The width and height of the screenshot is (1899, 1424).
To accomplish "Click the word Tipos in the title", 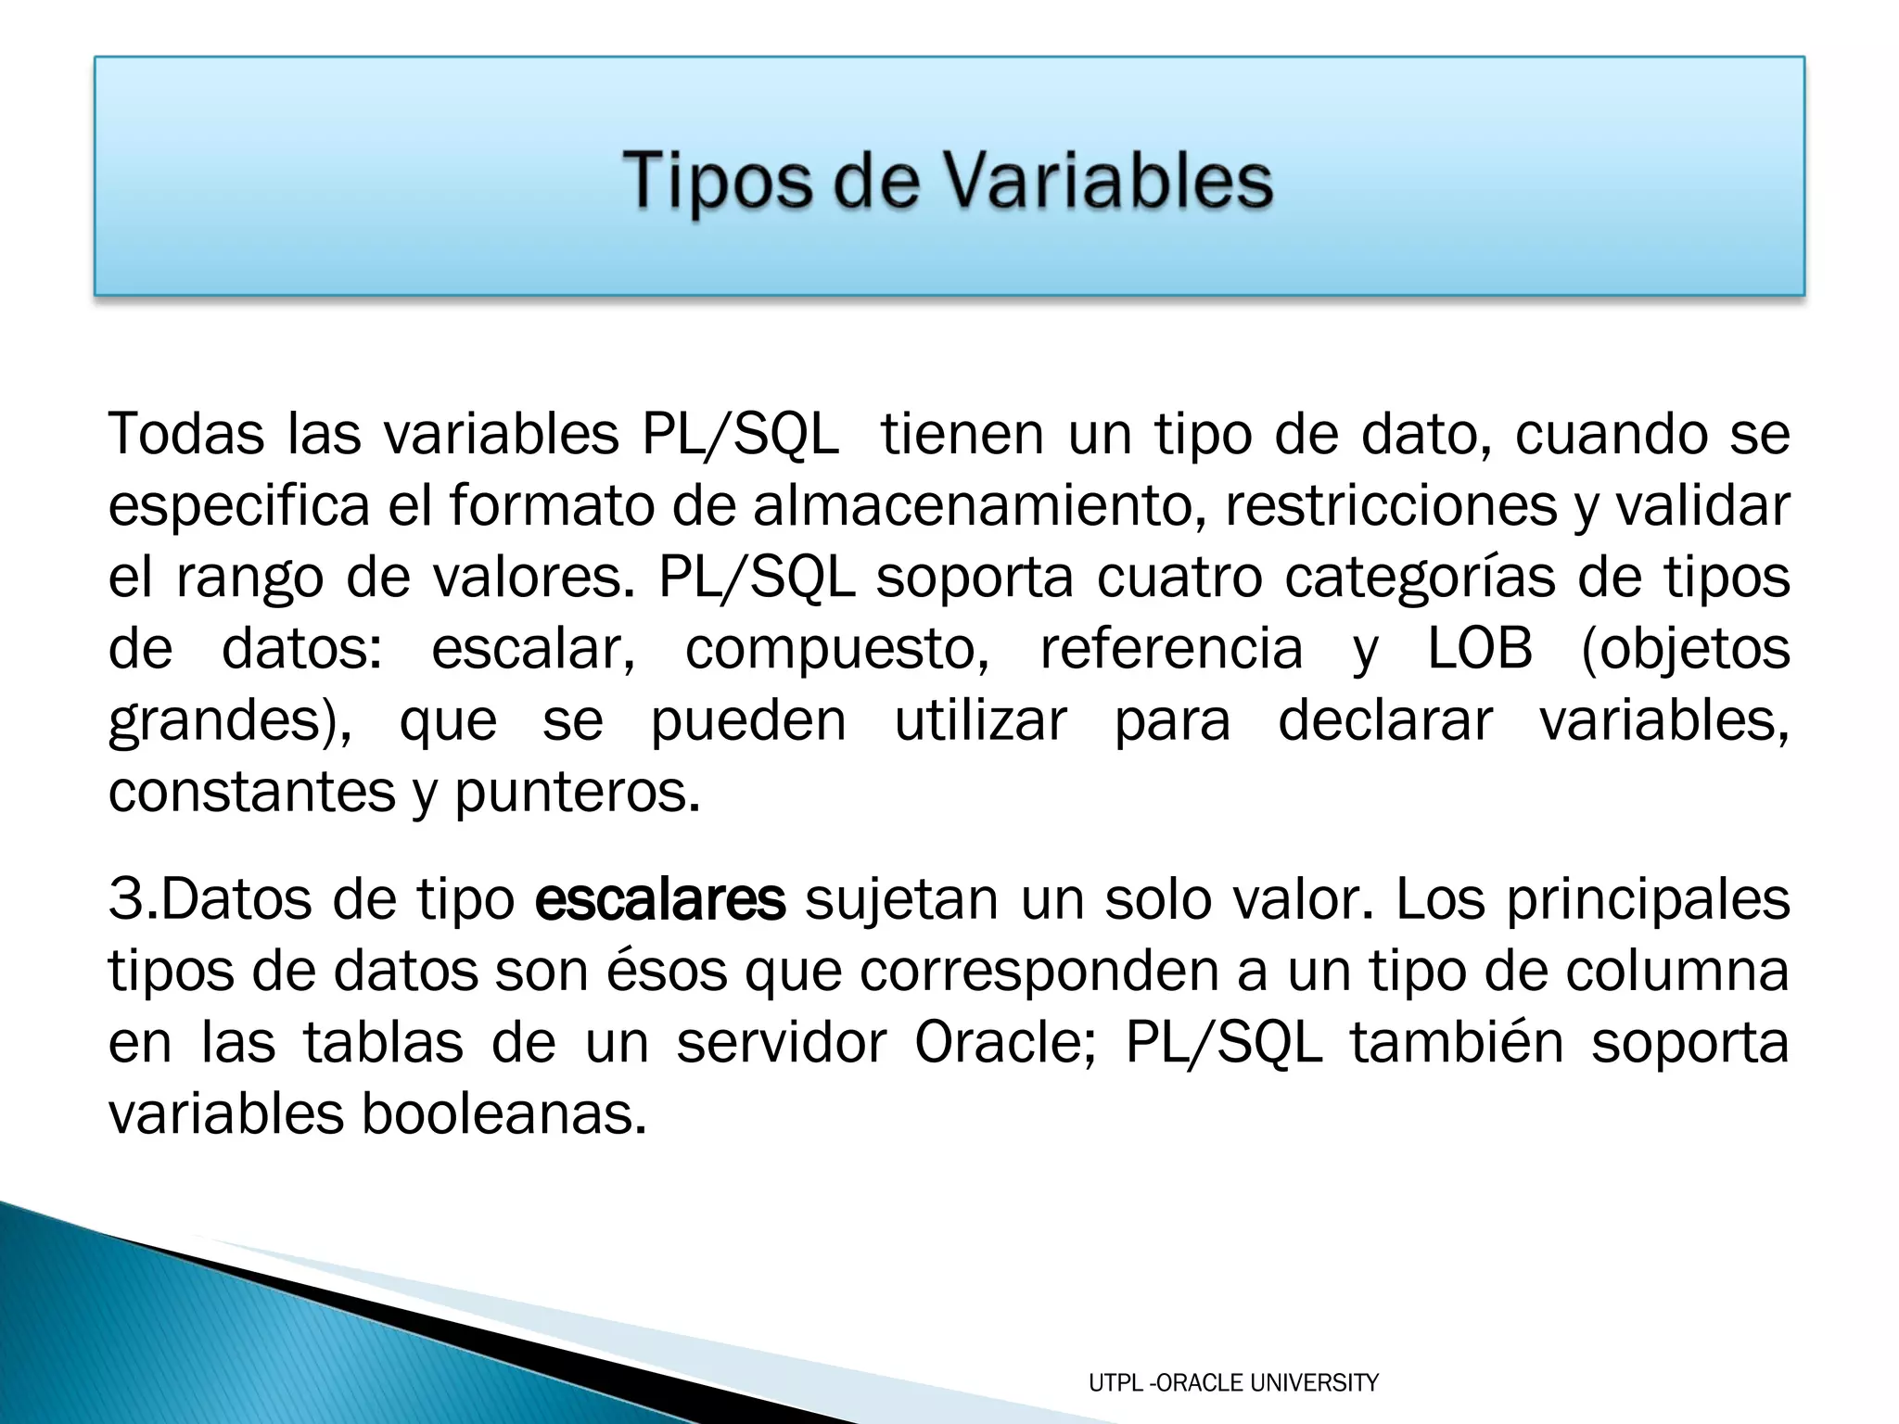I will click(x=719, y=182).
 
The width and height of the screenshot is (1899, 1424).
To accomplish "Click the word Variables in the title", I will click(x=1109, y=180).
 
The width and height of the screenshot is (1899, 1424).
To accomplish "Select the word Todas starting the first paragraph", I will click(x=186, y=433).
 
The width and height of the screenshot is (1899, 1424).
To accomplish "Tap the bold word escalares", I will click(x=659, y=900).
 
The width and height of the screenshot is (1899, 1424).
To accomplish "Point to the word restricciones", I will click(x=1390, y=505).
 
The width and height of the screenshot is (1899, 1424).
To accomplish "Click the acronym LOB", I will click(x=1479, y=648).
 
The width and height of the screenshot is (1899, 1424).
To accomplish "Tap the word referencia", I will click(x=1171, y=648).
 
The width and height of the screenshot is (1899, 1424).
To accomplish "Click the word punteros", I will click(x=577, y=793).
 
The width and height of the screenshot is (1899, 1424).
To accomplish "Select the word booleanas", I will click(x=503, y=1114).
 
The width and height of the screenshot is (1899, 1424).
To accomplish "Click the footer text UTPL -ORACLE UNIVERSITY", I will click(x=1233, y=1383).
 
